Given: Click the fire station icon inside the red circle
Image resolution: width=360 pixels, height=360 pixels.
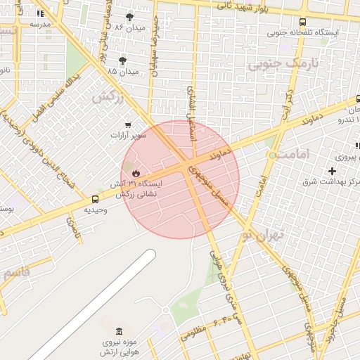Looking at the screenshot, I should point(136,172).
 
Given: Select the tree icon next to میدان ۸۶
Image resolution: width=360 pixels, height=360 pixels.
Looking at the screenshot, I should point(129,17).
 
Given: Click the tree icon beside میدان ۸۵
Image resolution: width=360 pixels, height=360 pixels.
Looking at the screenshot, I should point(123,61).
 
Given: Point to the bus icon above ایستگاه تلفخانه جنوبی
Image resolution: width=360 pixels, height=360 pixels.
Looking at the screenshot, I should point(302,22).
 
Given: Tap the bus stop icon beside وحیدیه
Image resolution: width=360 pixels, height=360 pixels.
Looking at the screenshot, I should point(96,199).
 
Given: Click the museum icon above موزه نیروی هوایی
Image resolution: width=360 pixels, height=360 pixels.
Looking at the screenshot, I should point(118,331).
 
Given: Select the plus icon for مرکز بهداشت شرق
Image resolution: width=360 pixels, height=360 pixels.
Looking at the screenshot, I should point(333,171).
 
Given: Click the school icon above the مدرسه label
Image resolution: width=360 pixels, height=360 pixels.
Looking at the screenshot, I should point(40,13).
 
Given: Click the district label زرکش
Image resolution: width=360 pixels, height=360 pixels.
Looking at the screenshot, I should point(107,96).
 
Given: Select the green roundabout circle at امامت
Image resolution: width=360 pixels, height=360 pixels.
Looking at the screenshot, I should point(272,154).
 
